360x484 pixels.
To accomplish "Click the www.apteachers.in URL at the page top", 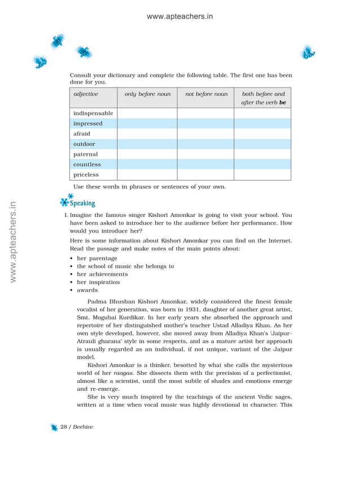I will (179, 16).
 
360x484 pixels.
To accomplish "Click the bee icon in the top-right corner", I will (308, 52).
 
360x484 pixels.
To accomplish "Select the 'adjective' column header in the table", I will (86, 94).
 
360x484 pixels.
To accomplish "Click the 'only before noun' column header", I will (147, 94).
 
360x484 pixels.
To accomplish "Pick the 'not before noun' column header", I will (206, 94).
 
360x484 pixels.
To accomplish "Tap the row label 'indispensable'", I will (93, 114).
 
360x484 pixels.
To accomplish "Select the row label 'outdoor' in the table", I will (84, 144).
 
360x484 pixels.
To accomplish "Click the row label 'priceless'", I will (86, 175).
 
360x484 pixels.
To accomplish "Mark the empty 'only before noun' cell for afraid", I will (147, 134).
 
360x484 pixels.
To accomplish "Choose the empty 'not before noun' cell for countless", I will (206, 164).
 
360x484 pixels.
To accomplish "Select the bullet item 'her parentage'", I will (97, 258).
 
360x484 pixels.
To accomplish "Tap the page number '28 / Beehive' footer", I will (77, 427).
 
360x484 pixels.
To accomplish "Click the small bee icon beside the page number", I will (54, 428).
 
